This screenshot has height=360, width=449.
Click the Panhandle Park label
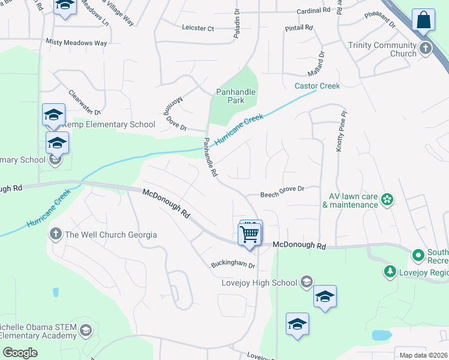coord(236,96)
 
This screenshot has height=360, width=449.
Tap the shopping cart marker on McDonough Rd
coord(249,233)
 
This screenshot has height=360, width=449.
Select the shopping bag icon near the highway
coord(424,20)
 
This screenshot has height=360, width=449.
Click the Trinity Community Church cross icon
coord(426,48)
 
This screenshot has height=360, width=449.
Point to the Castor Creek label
coord(317,86)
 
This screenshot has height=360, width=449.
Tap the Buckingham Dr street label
coord(233,265)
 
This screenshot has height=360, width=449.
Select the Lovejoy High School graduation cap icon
coord(307,282)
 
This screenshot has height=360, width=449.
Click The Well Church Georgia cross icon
coord(56,234)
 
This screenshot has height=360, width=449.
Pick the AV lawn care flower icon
coord(388,199)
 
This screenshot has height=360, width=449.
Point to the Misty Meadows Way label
coord(76,43)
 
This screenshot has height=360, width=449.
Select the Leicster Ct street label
coord(197,28)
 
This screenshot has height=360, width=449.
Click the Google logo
coord(20,352)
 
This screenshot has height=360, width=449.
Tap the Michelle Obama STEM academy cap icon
coord(86,331)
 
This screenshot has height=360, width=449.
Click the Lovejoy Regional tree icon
coord(390,272)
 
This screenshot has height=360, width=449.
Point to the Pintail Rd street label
coord(300,28)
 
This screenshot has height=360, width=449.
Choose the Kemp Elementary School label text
coord(104,124)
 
